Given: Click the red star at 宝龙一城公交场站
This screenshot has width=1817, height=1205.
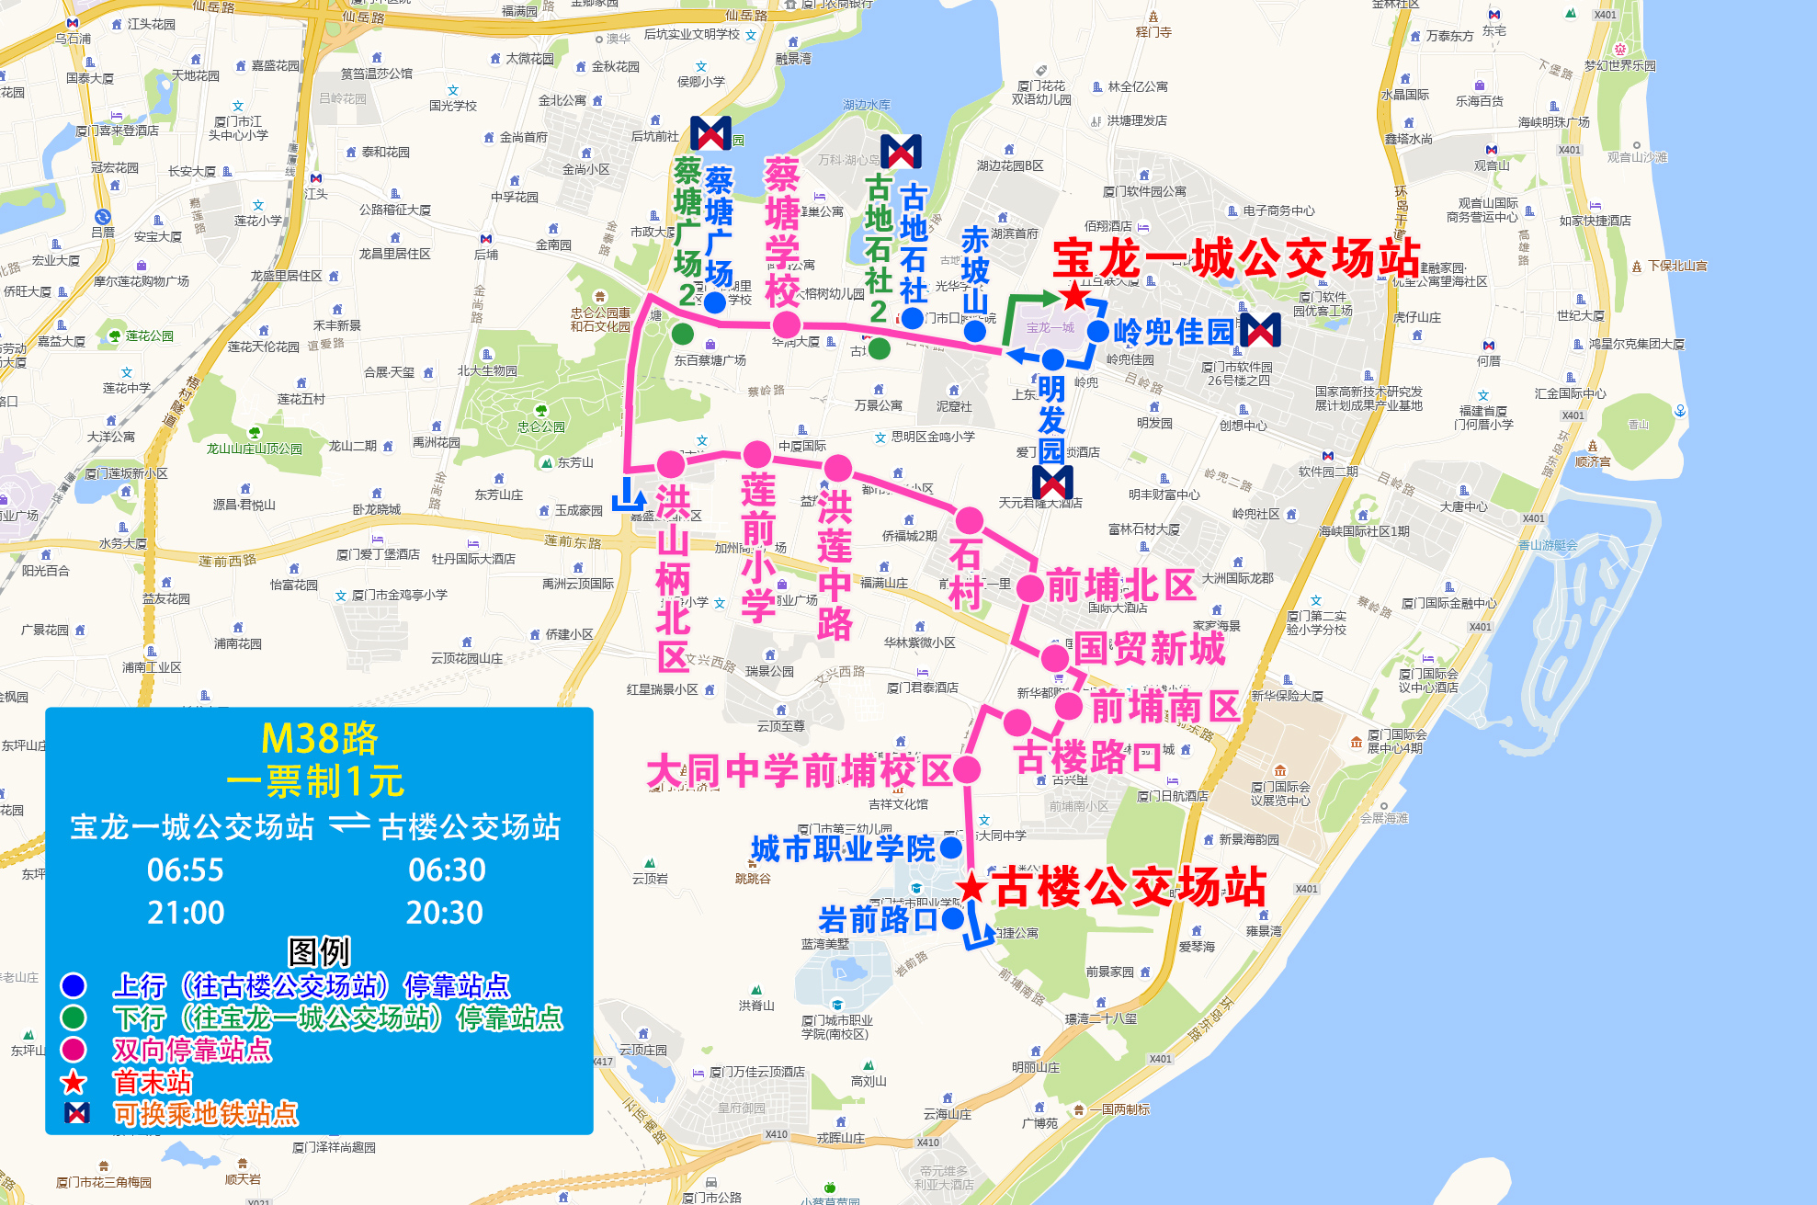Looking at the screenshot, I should coord(1073,295).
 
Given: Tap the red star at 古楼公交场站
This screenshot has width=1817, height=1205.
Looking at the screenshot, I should coord(971,888).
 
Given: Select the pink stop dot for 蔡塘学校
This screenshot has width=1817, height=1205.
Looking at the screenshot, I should coord(786,324).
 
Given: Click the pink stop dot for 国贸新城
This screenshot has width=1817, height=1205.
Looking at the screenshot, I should coord(1055,658).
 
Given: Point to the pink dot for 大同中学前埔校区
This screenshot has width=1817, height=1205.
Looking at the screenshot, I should coord(967,769).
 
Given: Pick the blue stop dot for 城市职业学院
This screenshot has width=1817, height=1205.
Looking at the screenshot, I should coord(951,847).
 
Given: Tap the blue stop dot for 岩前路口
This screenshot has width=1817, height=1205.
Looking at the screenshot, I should coord(953,917).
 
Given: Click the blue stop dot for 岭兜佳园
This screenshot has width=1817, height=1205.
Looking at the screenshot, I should coord(1097,331).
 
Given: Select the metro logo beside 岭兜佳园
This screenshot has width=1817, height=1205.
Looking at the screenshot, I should coord(1260,330).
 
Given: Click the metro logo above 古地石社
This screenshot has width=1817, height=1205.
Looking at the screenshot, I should coord(901,152).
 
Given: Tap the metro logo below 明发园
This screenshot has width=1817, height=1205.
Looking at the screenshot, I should coord(1052,482).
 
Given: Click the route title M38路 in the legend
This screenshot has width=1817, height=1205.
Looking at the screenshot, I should coord(319,738).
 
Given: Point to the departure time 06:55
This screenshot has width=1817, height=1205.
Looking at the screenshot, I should coord(186,870).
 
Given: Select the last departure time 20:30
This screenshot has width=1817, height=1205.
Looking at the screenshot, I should coord(445,913).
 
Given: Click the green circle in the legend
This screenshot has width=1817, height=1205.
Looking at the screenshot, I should coord(74,1017).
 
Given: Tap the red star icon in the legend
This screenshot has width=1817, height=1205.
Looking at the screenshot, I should coord(74,1082).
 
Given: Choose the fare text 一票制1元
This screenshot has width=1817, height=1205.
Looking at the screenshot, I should coord(315,782).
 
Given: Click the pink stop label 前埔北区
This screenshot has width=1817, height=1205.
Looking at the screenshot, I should coord(1121,585).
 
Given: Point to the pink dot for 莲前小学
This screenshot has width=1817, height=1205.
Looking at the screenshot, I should coord(756,454).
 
